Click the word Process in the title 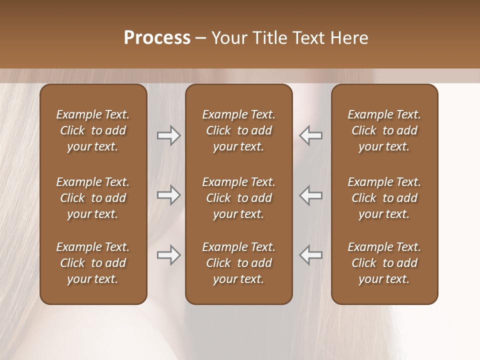click(157, 38)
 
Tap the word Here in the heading click(349, 38)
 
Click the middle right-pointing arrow click(168, 195)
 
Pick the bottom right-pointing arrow click(168, 255)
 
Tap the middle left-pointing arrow click(311, 195)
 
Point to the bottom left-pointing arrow click(311, 255)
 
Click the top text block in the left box click(93, 130)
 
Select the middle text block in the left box click(93, 198)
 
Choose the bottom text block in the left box click(93, 263)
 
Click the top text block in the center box click(238, 130)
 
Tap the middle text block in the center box click(238, 198)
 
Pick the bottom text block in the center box click(238, 263)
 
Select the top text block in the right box click(384, 130)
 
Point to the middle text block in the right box click(384, 198)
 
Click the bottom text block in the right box click(384, 263)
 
